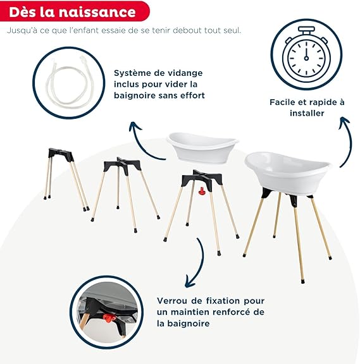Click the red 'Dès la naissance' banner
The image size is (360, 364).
[x=75, y=11]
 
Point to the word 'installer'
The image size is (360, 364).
[x=307, y=113]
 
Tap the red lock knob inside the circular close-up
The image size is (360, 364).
[x=108, y=318]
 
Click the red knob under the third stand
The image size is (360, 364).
[x=201, y=191]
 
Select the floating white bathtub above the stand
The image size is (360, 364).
[x=202, y=147]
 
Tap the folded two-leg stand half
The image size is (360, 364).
[x=66, y=179]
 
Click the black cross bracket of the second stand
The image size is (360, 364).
[x=121, y=164]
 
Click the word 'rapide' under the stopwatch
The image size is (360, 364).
[x=321, y=102]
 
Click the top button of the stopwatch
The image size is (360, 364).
[x=306, y=29]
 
